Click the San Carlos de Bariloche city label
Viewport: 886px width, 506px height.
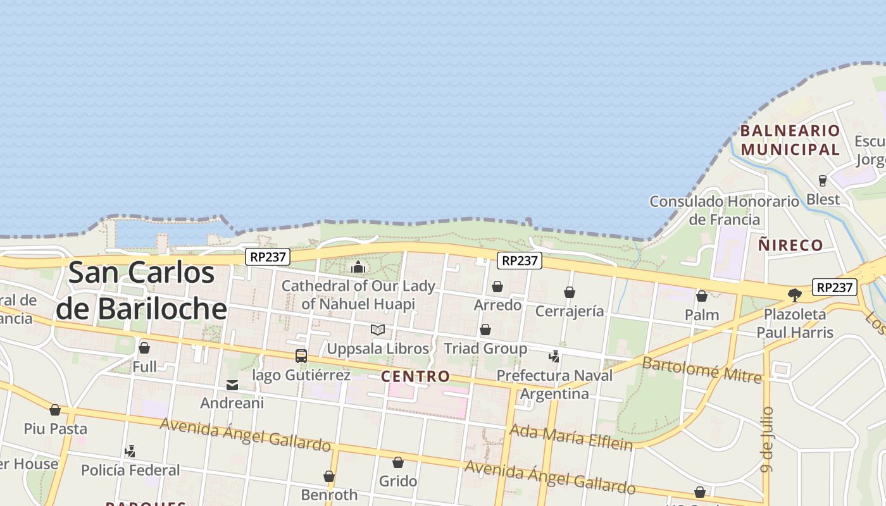pos(141,290)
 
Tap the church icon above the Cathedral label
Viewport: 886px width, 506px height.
pos(358,267)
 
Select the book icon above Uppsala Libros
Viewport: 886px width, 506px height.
pos(378,330)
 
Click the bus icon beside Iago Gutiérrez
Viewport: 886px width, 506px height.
pos(301,356)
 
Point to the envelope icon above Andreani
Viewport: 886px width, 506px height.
pos(232,385)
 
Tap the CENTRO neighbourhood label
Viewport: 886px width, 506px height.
pos(416,376)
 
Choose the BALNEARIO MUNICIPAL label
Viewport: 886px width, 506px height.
pos(790,140)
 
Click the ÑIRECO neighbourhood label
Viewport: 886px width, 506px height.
pos(791,245)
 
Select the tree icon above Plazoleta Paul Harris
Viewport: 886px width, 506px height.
pos(794,295)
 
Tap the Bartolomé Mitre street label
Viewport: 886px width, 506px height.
pos(701,369)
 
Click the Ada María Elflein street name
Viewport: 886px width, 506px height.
pos(571,438)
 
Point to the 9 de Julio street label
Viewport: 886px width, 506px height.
pos(768,439)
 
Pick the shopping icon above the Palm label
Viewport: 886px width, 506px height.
pos(702,296)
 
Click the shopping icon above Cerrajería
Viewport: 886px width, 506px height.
pos(570,292)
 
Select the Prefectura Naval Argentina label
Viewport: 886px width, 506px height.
pos(554,385)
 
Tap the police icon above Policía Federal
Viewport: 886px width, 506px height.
pos(130,452)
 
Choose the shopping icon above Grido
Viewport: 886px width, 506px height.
pos(398,462)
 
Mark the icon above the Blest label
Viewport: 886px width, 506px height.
pos(823,181)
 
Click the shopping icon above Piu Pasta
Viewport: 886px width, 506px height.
pos(55,410)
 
